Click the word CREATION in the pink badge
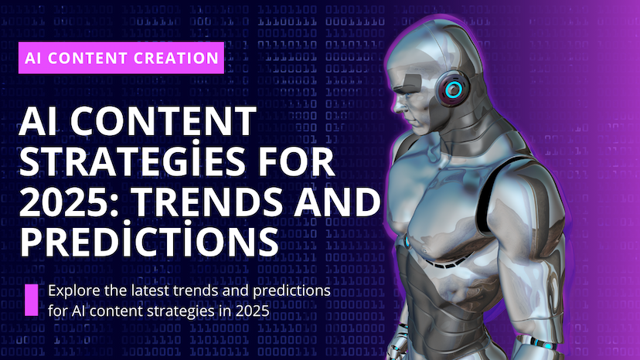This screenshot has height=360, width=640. tap(175, 58)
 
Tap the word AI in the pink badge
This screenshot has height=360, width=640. tap(34, 58)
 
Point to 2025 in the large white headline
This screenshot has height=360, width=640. tap(65, 202)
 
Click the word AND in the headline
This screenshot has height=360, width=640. tap(343, 202)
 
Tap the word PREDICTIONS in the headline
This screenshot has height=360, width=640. tap(147, 241)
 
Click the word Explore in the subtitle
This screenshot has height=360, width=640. tap(72, 291)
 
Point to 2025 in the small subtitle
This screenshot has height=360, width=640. tap(252, 311)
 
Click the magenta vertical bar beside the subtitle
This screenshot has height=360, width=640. tap(32, 300)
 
